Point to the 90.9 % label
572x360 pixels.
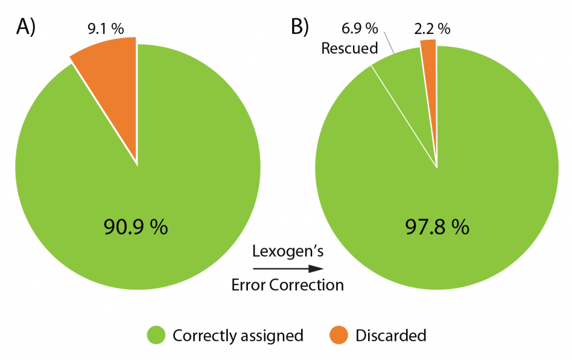pos(136,227)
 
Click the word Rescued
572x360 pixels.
pos(350,49)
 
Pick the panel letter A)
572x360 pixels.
pos(26,27)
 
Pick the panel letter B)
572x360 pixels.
pos(298,27)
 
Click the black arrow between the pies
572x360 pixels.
pos(288,269)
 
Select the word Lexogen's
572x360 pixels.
pos(288,252)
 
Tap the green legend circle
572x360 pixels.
pos(156,335)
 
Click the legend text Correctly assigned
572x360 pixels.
pos(238,336)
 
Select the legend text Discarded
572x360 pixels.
pos(391,335)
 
